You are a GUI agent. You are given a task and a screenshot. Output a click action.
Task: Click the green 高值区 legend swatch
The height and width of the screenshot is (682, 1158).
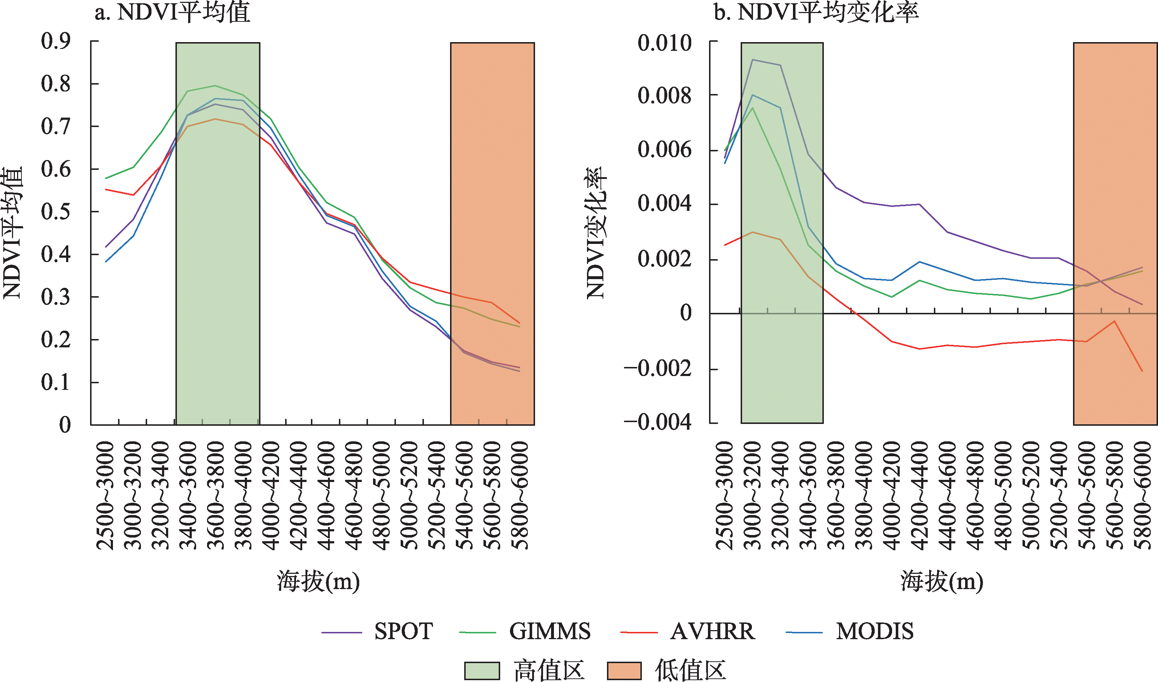coord(482,670)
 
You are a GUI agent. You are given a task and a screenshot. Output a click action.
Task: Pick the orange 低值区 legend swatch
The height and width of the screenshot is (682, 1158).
coord(624,670)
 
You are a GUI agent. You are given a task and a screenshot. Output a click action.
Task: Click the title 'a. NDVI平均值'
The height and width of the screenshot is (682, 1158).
coord(173,12)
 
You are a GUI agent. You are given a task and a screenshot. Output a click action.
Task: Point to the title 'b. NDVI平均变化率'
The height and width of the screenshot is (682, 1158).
coord(816,12)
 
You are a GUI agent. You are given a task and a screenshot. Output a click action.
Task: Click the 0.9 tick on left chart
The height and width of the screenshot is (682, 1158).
coord(56,41)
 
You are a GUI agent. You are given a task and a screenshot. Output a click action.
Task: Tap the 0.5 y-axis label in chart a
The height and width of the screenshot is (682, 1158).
coord(56,212)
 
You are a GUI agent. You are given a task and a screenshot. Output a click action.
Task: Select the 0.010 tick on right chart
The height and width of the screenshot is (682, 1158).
coord(664,43)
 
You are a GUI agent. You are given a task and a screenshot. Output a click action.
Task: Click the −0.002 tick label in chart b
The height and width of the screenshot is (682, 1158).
coord(658,368)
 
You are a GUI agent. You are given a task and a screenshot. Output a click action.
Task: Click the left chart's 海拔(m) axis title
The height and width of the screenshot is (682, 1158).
coord(318,581)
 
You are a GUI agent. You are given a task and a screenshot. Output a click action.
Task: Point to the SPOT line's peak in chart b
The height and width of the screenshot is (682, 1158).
coord(752,59)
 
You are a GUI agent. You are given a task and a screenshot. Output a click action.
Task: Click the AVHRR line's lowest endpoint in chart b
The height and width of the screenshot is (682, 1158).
coord(1142,371)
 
